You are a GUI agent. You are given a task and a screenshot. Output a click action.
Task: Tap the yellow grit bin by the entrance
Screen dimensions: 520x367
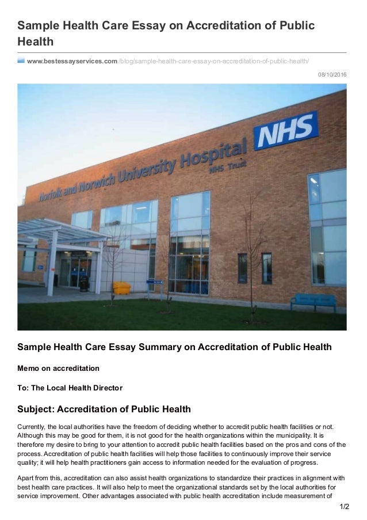[x=121, y=287]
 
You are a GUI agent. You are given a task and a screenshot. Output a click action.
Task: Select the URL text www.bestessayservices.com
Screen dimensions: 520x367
[x=72, y=61]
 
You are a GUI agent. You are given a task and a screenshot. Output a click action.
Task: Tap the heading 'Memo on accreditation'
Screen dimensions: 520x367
[x=58, y=368]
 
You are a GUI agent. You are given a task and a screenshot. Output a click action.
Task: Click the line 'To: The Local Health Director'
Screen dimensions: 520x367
[x=70, y=388]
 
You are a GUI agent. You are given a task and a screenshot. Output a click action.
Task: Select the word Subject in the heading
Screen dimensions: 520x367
[x=38, y=409]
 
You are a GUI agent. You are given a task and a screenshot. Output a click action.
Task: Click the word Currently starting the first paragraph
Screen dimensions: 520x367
[x=33, y=426]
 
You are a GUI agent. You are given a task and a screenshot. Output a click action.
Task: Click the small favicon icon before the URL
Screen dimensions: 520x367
[x=21, y=60]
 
